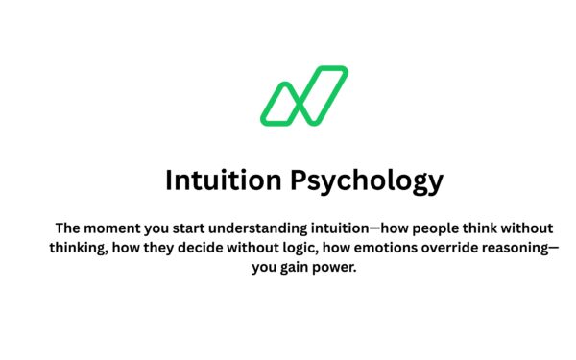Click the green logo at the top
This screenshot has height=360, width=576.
(303, 95)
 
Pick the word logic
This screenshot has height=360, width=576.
(316, 249)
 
